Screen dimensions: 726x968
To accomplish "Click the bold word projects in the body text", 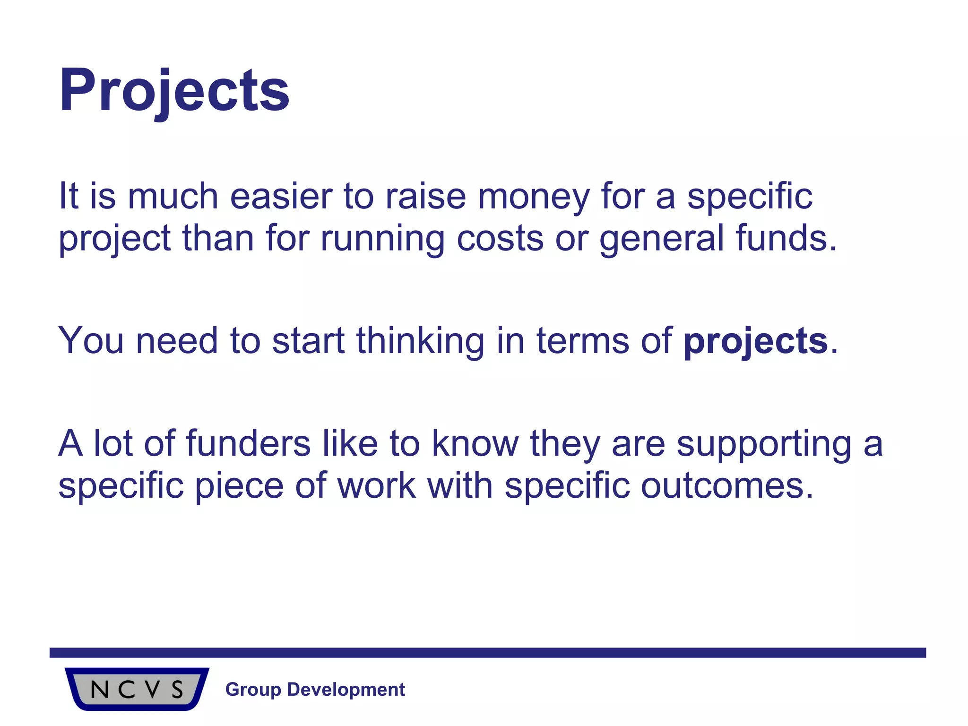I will pos(755,341).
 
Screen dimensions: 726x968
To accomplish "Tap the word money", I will pos(534,197).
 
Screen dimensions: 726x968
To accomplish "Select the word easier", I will pos(281,197).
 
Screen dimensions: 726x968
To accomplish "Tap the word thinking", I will pos(420,341).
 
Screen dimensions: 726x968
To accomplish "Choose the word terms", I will pos(582,341).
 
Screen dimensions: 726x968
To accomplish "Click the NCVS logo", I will pos(137,689).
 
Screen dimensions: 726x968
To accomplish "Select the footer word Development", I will pos(346,690).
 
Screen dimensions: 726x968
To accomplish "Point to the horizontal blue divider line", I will pos(487,653).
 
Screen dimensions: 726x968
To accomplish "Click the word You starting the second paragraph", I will pos(91,341).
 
